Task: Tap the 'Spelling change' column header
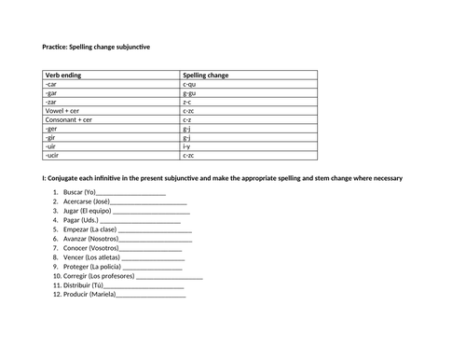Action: coord(206,75)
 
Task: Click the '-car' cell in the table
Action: coord(50,84)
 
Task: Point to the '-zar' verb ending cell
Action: coord(50,102)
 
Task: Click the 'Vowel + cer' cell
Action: coord(62,111)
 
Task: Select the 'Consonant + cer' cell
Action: coord(68,119)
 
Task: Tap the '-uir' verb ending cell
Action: coord(50,146)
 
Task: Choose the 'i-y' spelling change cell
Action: coord(187,146)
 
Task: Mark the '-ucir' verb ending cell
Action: coord(51,155)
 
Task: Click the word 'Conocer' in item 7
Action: coord(77,248)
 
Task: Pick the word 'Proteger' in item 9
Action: coord(77,267)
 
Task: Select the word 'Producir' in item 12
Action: coord(77,295)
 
